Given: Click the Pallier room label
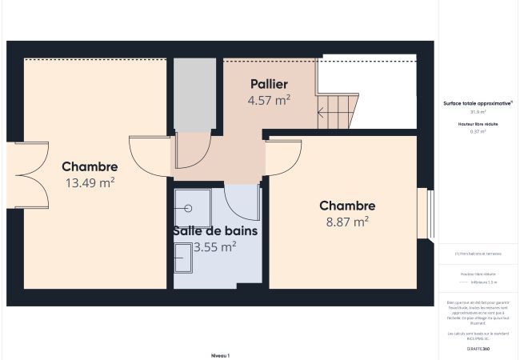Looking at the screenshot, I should (269, 84).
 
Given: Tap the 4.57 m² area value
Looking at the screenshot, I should (269, 100).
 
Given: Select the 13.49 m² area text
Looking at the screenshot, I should (90, 182).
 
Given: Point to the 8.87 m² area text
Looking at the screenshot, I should (347, 222).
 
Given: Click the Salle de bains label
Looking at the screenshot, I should (215, 231).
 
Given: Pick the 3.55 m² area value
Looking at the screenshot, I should (215, 247).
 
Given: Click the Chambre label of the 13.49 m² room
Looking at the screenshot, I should (90, 167).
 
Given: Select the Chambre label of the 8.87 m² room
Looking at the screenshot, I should (347, 206).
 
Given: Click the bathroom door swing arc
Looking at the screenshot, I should (242, 202).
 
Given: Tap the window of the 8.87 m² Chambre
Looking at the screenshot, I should (429, 214).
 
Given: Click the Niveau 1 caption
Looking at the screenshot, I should (220, 354).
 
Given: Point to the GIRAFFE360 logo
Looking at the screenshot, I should (478, 350).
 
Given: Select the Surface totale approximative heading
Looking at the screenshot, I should (478, 103).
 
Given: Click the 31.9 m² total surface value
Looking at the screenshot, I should (478, 112).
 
